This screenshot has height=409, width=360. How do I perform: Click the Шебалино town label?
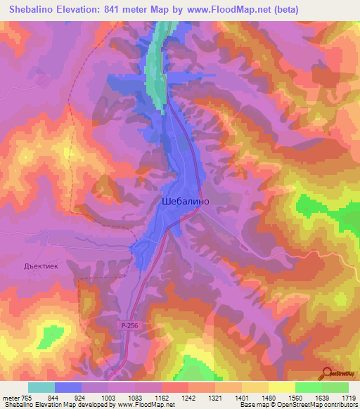tap(185, 200)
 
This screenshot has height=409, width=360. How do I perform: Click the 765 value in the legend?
tap(27, 397)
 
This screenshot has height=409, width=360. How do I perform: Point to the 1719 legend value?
tap(349, 397)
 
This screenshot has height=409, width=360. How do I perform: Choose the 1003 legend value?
tap(108, 397)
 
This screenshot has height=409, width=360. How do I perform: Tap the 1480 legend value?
tap(269, 397)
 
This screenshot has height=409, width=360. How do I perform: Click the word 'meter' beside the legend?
tap(10, 397)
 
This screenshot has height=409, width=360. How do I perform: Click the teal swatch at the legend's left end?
tap(41, 387)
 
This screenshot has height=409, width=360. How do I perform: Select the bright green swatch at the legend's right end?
tap(335, 387)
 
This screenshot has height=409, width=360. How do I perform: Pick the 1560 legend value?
tap(295, 397)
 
